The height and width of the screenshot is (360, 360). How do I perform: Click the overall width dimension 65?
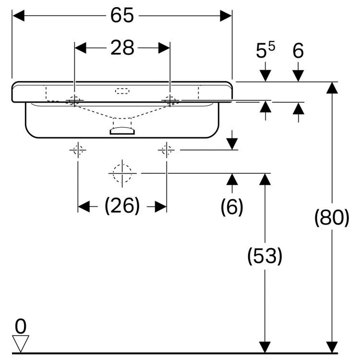tap(122, 16)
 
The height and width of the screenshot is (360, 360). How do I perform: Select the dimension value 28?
tap(122, 48)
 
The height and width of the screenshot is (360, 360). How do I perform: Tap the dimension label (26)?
tap(122, 206)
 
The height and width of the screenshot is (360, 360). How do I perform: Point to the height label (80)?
tap(331, 218)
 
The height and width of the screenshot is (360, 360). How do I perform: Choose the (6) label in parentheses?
tap(232, 206)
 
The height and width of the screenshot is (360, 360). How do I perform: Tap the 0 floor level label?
tap(20, 326)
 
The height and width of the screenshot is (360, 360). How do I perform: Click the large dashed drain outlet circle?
tap(122, 173)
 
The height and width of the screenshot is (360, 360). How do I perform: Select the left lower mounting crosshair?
tap(78, 150)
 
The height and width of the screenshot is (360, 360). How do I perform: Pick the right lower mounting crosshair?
tap(167, 150)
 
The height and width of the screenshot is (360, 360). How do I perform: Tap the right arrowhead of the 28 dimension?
tap(164, 48)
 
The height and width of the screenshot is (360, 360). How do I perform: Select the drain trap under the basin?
tap(122, 130)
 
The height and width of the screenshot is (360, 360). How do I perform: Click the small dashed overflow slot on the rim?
tap(122, 90)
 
